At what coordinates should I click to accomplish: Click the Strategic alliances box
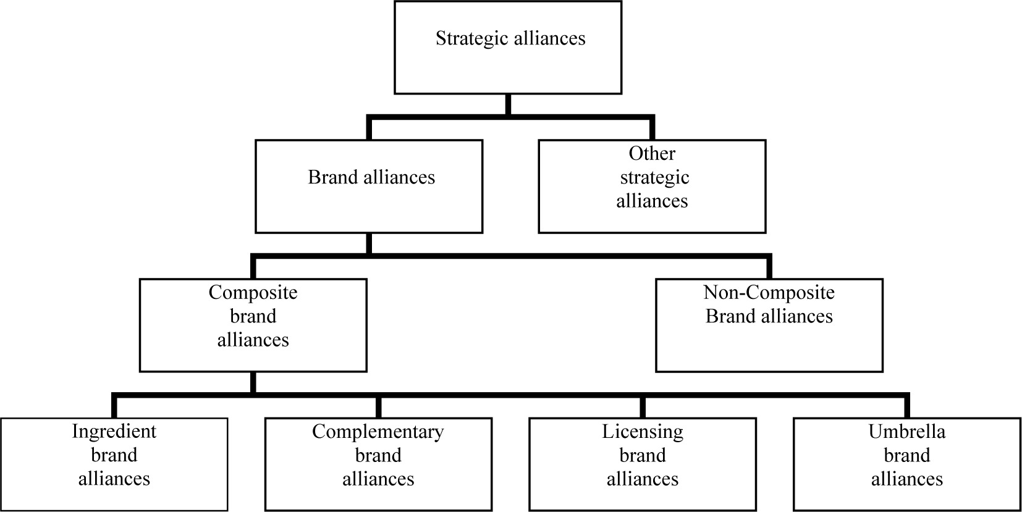(x=508, y=48)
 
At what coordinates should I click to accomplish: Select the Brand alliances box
(x=369, y=187)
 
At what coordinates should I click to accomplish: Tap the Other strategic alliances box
(x=652, y=187)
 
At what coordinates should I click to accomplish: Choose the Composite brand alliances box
(x=253, y=325)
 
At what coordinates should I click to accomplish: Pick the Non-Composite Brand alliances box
(x=769, y=325)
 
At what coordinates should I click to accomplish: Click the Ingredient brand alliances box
(x=114, y=464)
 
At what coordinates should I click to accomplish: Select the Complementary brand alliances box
(x=378, y=464)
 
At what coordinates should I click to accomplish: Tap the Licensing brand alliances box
(x=643, y=464)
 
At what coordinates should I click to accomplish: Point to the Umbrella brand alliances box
(x=907, y=464)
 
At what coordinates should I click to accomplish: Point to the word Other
(x=652, y=153)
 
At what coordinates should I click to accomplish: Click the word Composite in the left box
(x=253, y=292)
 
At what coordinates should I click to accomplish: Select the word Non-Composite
(x=769, y=292)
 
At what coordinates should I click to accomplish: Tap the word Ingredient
(x=114, y=431)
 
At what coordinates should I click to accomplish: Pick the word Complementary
(x=378, y=431)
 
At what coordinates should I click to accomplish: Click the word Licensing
(x=643, y=431)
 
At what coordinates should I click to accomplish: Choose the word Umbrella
(x=907, y=431)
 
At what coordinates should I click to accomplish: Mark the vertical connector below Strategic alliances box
(x=508, y=104)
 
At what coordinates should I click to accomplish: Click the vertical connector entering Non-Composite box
(x=769, y=267)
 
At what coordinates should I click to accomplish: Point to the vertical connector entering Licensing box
(x=643, y=407)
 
